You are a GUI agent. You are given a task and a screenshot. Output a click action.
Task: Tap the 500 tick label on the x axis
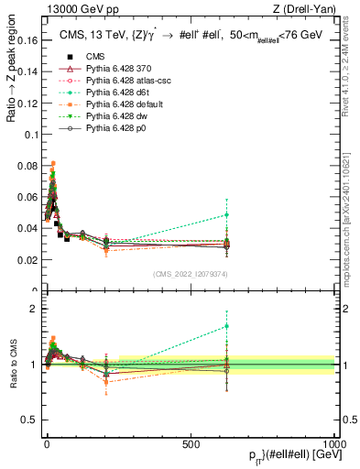[191, 443]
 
